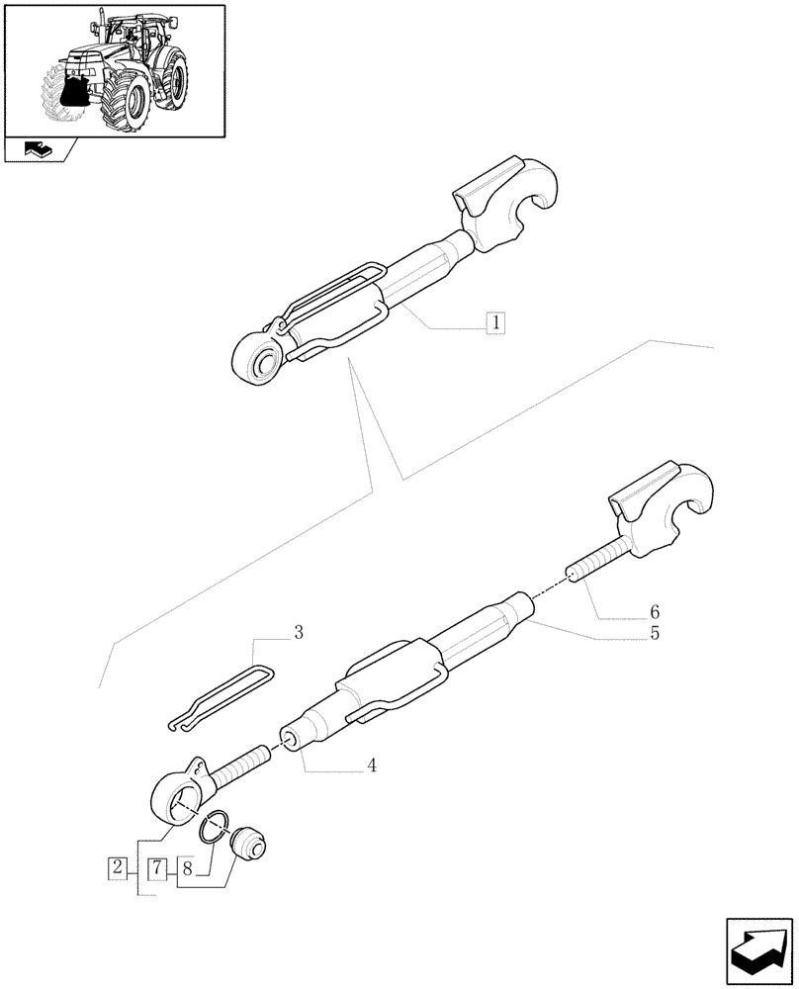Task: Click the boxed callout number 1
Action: [494, 321]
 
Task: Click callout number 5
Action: [655, 634]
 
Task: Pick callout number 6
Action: [655, 611]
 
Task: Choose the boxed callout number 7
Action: [157, 869]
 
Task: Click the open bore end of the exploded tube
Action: [293, 739]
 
